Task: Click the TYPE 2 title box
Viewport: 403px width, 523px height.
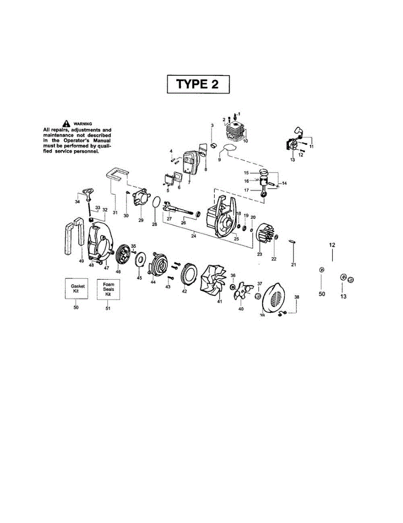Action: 198,84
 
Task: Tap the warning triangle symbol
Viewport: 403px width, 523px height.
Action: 66,123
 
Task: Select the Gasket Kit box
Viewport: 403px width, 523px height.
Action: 76,288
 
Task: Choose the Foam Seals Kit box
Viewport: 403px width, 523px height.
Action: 108,288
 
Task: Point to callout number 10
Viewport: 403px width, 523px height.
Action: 245,141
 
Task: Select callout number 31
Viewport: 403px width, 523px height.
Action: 115,212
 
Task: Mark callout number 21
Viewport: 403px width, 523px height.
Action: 293,265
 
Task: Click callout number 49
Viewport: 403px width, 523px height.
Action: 81,261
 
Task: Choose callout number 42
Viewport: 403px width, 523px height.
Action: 184,291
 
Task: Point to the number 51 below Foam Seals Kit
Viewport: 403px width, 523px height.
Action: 108,308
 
